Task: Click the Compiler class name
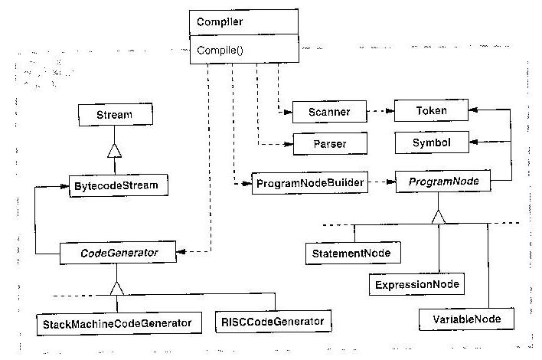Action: (220, 21)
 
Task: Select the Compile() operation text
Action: (220, 51)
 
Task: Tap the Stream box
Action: (116, 115)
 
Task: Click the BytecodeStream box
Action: (119, 185)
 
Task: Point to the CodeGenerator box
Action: (118, 253)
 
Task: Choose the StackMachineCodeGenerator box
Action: (119, 324)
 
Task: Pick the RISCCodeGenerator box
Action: (273, 321)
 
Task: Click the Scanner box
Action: (329, 112)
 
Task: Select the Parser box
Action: (330, 143)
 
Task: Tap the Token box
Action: (432, 110)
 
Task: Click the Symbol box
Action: (432, 142)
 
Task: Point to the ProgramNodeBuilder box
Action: (310, 182)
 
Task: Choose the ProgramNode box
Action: (443, 182)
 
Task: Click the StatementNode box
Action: (353, 253)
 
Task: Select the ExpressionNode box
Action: (416, 284)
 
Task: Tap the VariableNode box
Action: (466, 319)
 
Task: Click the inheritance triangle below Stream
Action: (114, 151)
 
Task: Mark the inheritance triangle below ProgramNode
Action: (439, 217)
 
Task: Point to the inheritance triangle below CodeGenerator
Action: (117, 288)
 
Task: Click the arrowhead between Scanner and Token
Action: (390, 111)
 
